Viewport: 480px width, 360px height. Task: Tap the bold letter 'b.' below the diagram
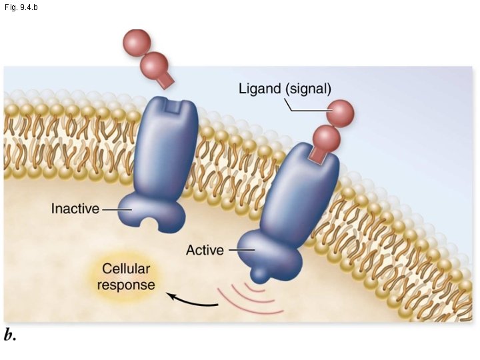pos(10,335)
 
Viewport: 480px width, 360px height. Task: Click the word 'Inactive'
pos(75,209)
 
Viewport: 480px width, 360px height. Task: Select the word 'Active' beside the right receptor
pos(206,251)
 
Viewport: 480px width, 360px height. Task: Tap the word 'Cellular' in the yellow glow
pos(126,270)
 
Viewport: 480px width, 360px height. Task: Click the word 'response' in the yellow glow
pos(126,285)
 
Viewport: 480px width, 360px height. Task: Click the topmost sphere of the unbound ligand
pos(136,43)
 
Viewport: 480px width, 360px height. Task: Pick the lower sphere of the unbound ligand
pos(155,65)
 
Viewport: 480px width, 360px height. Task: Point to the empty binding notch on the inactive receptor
pos(173,106)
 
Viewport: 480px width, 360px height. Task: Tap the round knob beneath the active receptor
pos(261,273)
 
